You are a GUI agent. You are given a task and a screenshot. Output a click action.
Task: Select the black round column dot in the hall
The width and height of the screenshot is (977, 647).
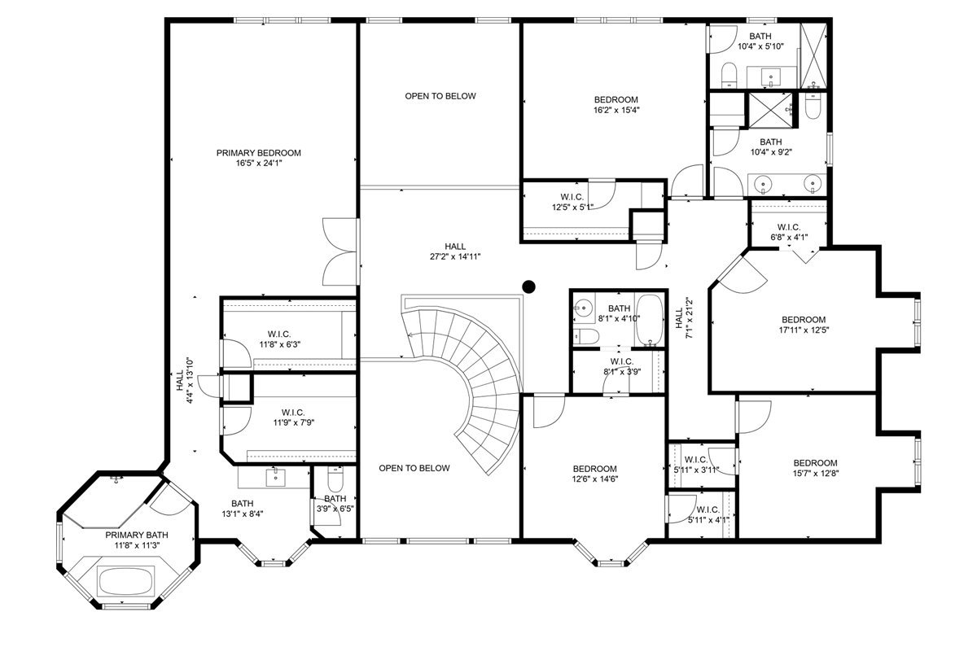tap(528, 286)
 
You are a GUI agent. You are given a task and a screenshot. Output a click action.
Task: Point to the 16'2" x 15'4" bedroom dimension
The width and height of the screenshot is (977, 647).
tap(616, 111)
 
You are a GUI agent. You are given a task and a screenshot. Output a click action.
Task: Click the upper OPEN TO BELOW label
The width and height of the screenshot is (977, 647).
tap(440, 96)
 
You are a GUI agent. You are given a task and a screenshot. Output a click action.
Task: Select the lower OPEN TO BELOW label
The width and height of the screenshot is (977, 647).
tap(414, 468)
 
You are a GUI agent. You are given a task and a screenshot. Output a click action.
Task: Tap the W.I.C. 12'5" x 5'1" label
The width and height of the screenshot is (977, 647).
tap(572, 201)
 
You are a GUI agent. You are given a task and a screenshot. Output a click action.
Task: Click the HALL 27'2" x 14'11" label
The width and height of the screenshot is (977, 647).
tap(456, 251)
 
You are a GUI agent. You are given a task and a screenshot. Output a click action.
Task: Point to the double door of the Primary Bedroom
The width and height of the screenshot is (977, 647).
tap(340, 251)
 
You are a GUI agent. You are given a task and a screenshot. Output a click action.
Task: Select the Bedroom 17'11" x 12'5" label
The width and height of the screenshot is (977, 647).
tap(804, 325)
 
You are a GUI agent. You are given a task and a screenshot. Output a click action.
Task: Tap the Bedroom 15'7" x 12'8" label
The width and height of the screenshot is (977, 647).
tap(815, 468)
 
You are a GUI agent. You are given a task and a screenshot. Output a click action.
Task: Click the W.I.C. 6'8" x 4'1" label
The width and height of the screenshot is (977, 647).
tap(789, 232)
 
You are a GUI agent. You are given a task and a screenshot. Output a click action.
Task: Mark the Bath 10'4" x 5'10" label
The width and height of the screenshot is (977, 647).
tap(760, 42)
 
